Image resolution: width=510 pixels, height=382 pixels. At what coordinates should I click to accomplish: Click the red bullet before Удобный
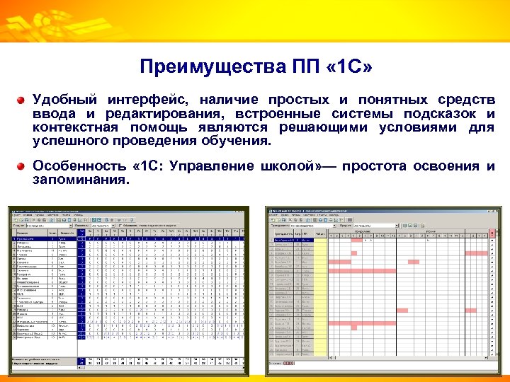[23, 100]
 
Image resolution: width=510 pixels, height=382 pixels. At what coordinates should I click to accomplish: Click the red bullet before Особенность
[23, 167]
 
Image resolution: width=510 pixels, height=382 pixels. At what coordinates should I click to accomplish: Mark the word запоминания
[80, 180]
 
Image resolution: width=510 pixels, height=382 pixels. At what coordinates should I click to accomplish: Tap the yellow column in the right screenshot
[320, 297]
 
